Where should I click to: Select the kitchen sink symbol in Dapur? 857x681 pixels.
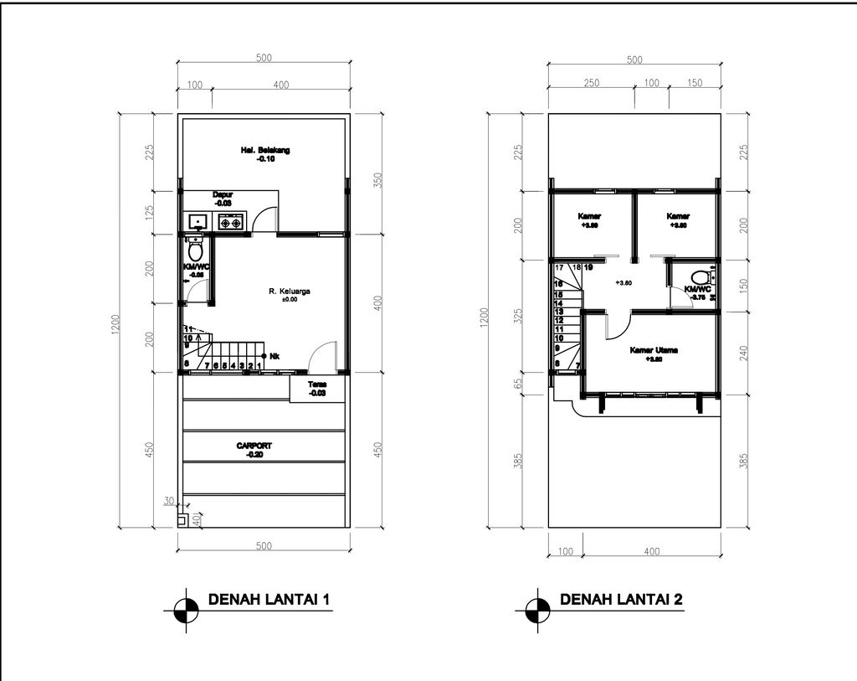(198, 222)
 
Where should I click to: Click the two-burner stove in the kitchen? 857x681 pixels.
(230, 222)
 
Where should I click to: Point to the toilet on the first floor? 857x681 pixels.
(196, 250)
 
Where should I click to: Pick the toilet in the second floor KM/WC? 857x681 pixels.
(700, 276)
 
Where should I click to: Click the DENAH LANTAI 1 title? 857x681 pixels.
(262, 600)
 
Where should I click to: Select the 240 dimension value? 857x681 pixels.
(743, 353)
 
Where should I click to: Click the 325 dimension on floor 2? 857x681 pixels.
(518, 317)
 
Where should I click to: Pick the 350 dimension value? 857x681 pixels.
(377, 181)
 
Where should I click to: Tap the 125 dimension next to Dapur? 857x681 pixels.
(151, 213)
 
